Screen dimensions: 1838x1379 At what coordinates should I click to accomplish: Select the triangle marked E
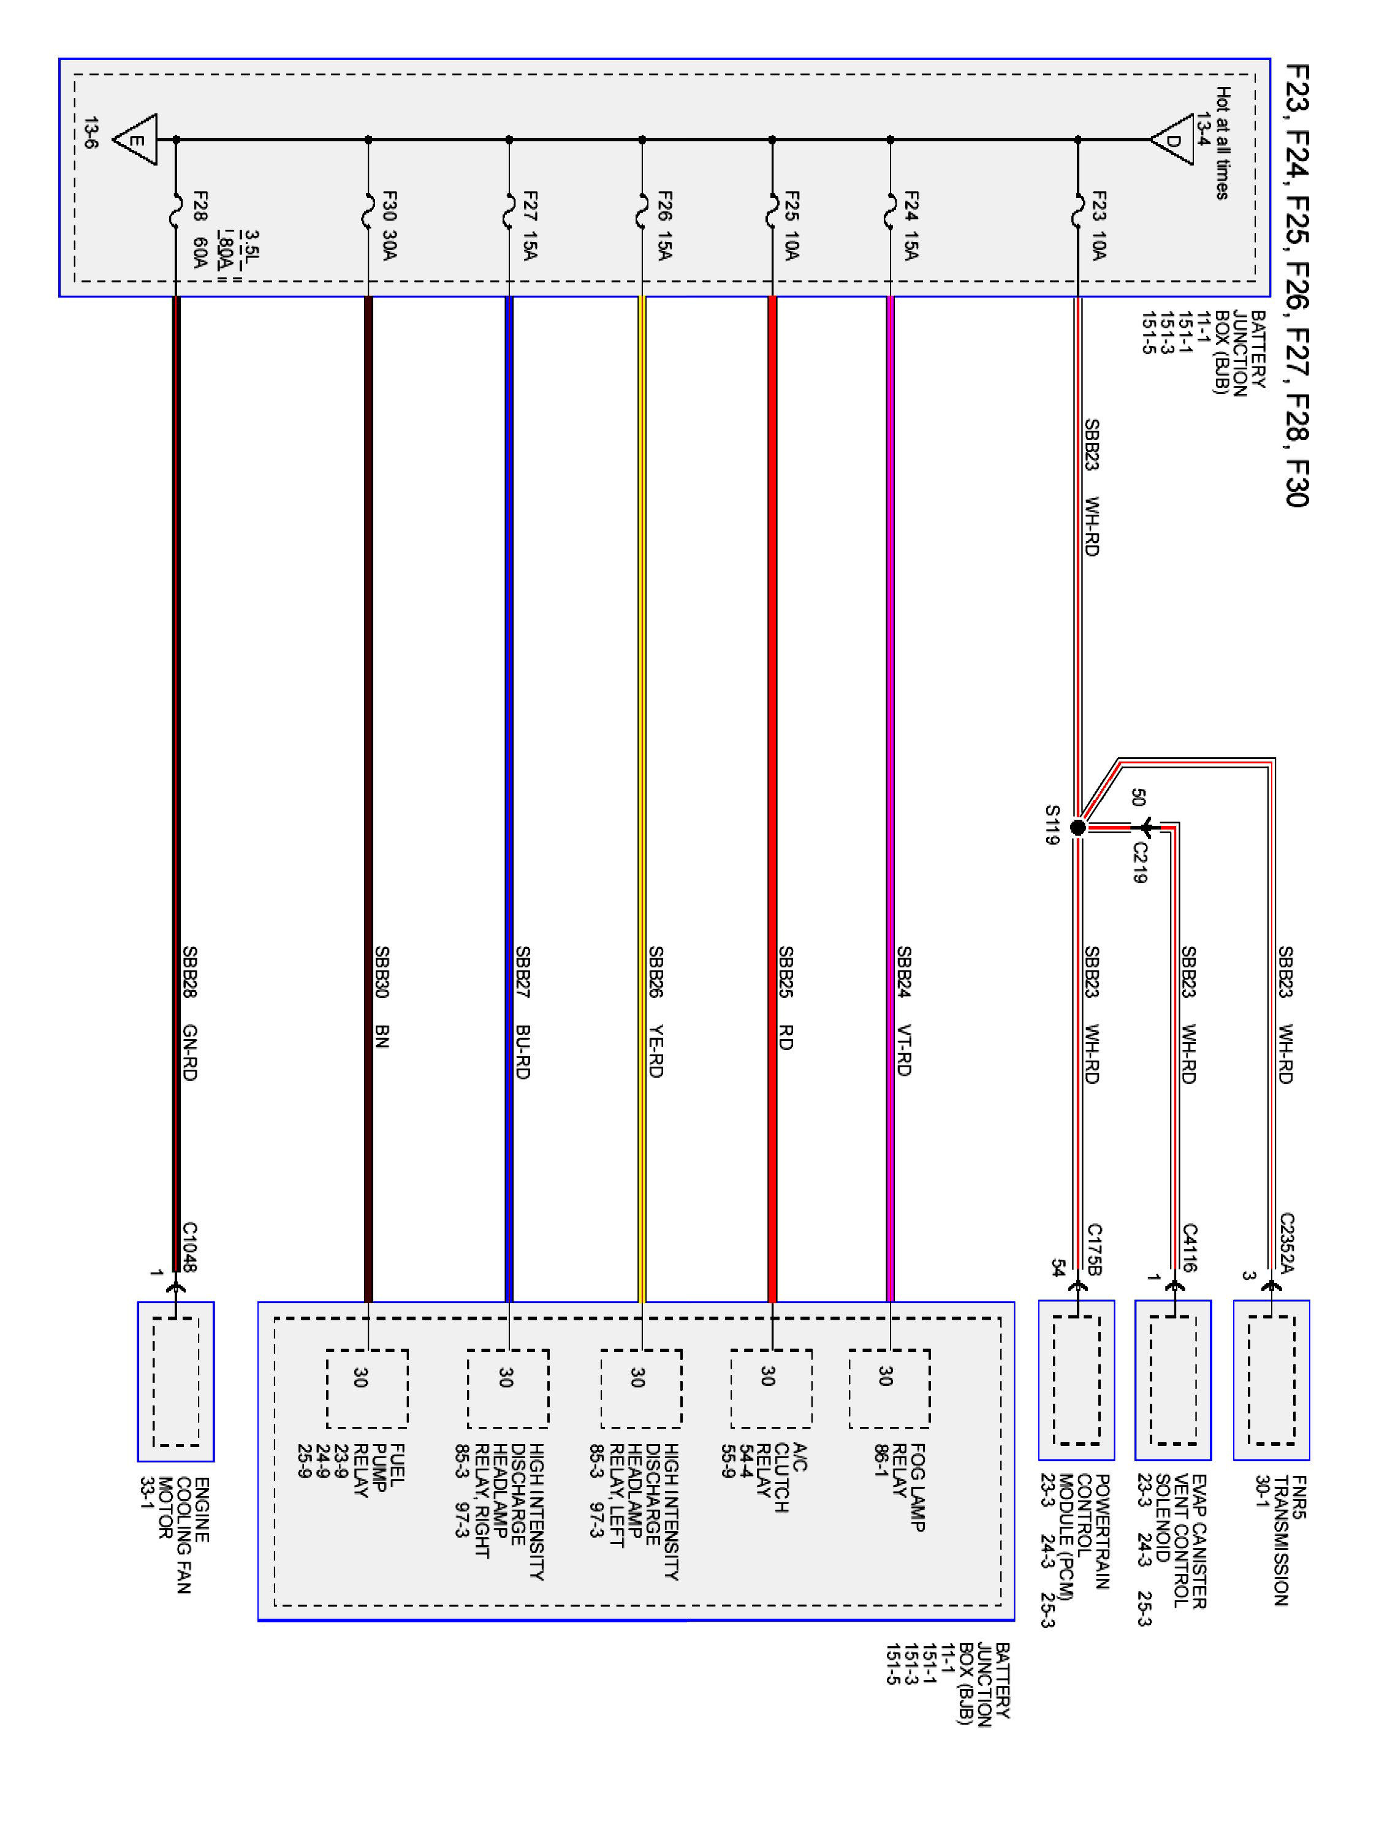(136, 140)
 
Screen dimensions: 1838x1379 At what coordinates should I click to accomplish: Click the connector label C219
(1139, 863)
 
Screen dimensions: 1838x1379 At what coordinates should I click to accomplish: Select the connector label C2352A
(1286, 1243)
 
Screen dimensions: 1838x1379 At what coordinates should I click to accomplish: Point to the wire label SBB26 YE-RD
(655, 1012)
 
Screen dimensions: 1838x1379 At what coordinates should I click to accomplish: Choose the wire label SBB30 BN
(382, 997)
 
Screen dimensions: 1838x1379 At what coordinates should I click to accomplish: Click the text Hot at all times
(1223, 143)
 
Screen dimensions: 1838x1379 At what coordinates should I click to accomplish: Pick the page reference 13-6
(91, 134)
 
